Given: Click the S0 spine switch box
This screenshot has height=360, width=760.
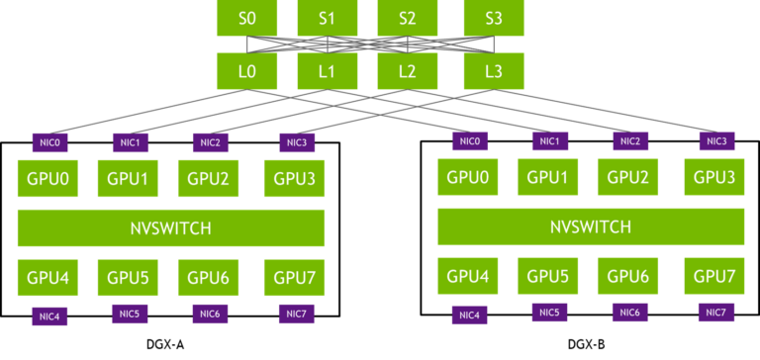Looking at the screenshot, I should (246, 18).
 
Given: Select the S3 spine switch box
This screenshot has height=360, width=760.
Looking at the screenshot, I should (494, 18).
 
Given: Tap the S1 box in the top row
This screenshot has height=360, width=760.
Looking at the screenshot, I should (328, 18).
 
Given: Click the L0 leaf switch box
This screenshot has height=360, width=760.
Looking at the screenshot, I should (246, 71).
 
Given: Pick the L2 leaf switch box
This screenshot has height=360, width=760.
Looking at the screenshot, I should (407, 71).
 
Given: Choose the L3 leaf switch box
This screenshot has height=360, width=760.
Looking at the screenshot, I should (494, 71).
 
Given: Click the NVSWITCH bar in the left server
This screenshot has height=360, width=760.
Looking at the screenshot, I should (171, 227).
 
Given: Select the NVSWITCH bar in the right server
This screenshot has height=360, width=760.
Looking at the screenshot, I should (590, 226).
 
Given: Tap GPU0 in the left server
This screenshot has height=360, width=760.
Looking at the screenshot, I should (47, 179).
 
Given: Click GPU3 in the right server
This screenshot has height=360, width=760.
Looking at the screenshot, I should (713, 177).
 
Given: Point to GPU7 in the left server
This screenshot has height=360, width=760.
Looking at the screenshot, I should (294, 277).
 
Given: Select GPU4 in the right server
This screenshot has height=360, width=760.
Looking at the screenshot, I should (467, 276).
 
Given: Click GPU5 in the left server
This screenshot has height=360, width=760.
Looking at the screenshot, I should (128, 277).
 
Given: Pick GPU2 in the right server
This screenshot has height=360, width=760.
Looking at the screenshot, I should (627, 177).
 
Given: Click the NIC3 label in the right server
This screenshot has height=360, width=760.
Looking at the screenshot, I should (716, 141).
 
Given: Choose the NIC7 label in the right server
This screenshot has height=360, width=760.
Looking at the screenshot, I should (716, 313).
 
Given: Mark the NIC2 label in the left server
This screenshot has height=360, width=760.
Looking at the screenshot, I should (210, 142).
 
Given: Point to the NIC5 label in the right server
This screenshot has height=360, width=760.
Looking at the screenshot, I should (549, 313).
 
